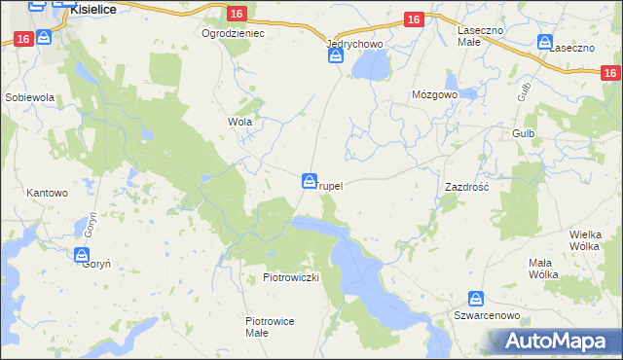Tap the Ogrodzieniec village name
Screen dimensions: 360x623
point(233,32)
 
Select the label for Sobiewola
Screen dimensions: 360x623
point(29,98)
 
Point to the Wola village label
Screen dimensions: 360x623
point(239,123)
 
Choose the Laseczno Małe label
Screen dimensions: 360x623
point(480,36)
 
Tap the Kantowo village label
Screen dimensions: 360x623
point(47,193)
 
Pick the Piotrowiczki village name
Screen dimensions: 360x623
point(291,277)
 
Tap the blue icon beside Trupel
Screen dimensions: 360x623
point(309,181)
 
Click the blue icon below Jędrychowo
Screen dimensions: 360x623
point(336,57)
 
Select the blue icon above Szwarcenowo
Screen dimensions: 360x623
point(476,300)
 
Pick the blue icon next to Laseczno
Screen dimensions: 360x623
point(544,42)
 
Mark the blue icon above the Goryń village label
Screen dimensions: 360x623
point(83,256)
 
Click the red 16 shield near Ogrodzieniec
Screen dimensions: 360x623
point(238,13)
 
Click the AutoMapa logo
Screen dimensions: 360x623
point(559,341)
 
